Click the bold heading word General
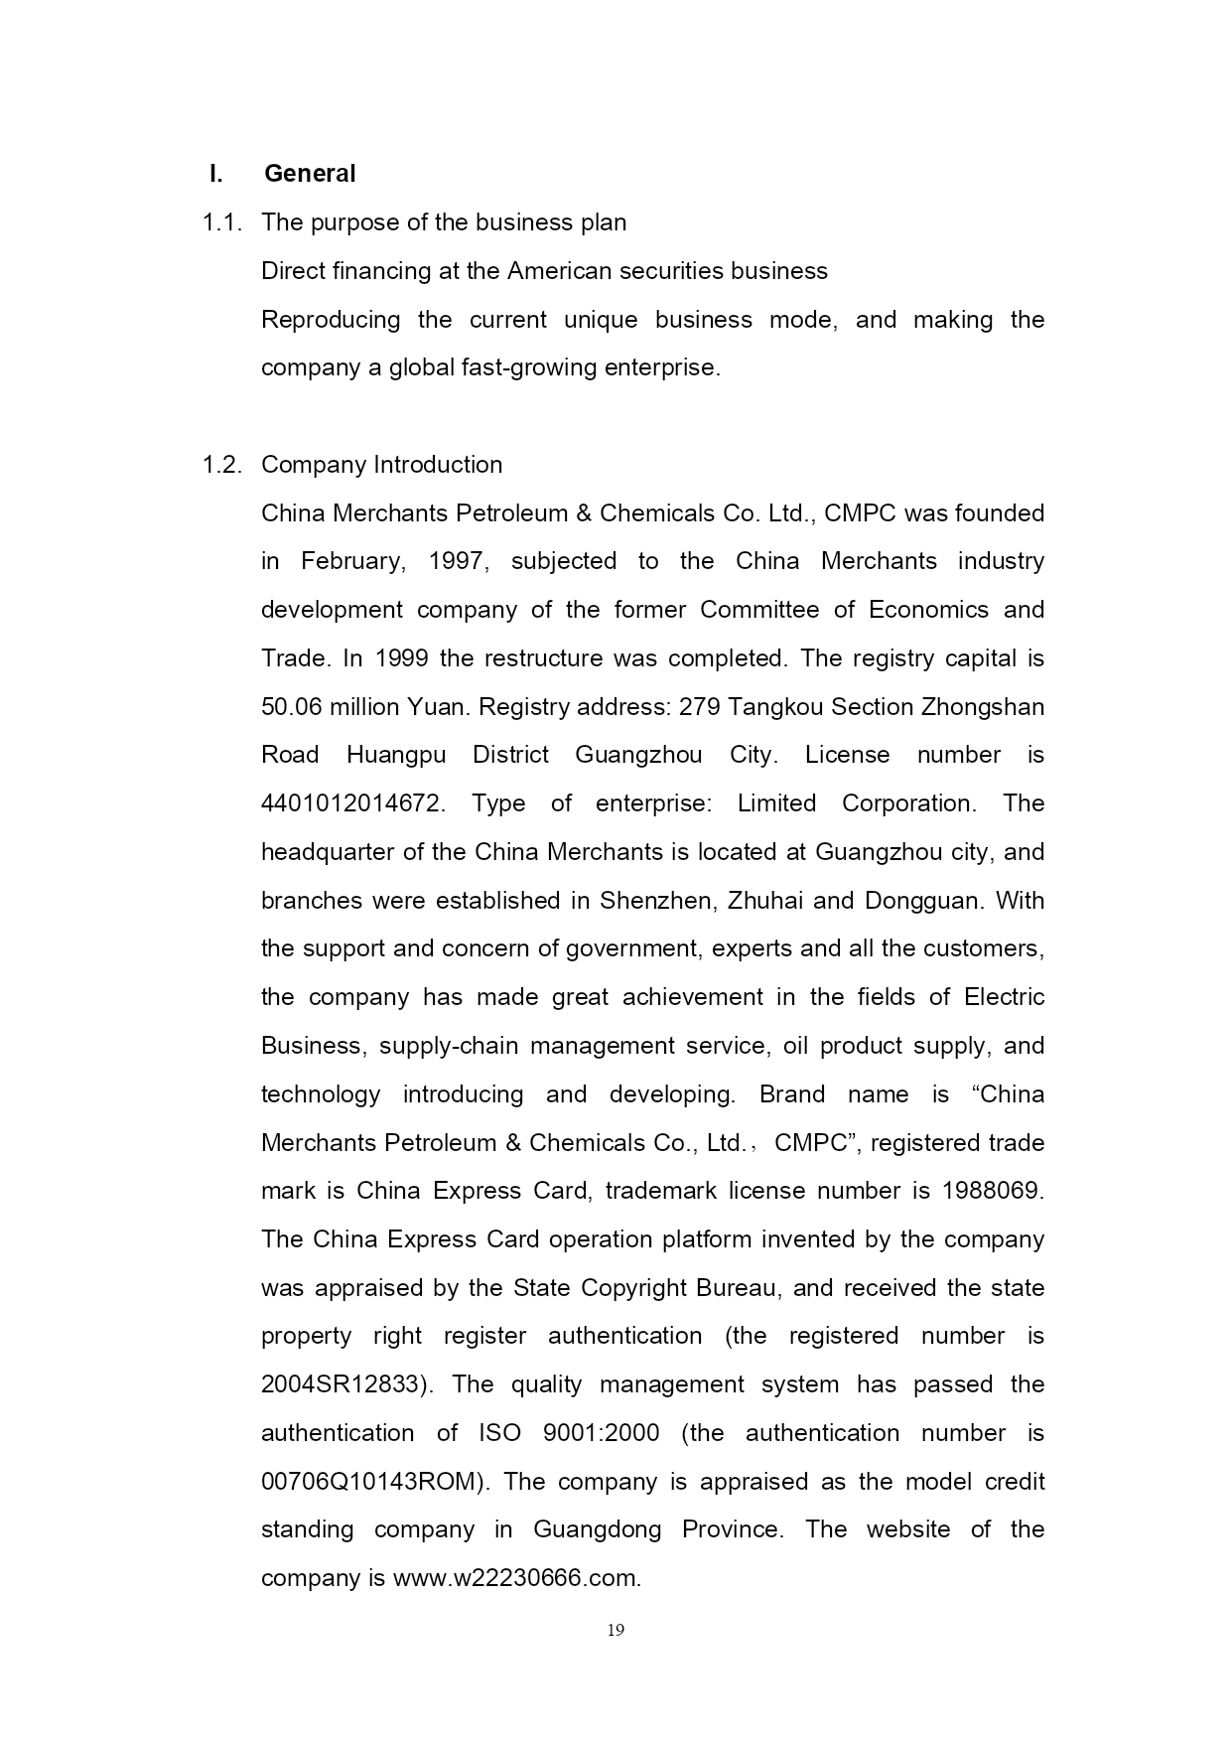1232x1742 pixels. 309,174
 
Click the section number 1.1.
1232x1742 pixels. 221,222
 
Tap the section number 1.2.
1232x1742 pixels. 221,465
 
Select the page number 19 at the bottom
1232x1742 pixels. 616,1630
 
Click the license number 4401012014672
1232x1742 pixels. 352,803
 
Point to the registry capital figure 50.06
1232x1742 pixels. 292,707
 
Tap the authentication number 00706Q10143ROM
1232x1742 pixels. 375,1482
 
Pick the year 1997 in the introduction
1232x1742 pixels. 458,561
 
